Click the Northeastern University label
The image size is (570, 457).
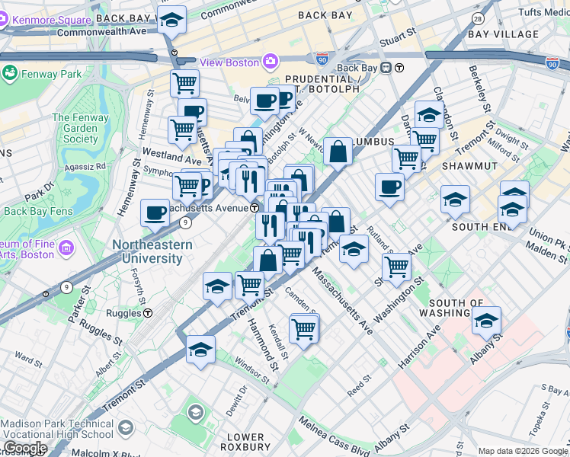pyautogui.click(x=148, y=252)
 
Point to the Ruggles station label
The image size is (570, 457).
pyautogui.click(x=124, y=312)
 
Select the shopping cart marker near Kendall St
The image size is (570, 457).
pyautogui.click(x=304, y=329)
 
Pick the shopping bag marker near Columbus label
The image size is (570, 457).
pyautogui.click(x=338, y=152)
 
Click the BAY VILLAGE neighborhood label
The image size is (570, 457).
pyautogui.click(x=503, y=34)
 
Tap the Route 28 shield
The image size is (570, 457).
pyautogui.click(x=478, y=18)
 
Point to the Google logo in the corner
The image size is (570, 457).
pyautogui.click(x=24, y=448)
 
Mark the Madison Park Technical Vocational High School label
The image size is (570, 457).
pyautogui.click(x=59, y=429)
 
